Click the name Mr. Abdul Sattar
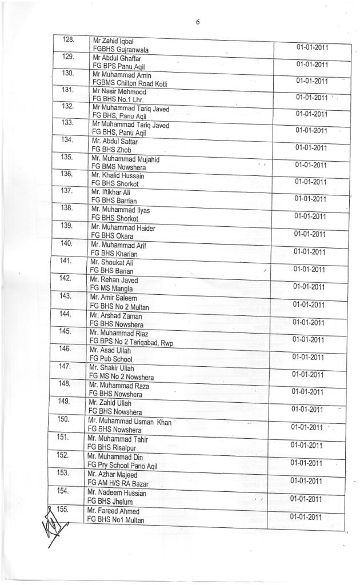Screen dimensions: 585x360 point(114,142)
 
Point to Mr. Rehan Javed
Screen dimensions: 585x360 point(114,280)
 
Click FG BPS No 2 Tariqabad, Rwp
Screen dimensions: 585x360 point(131,343)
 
